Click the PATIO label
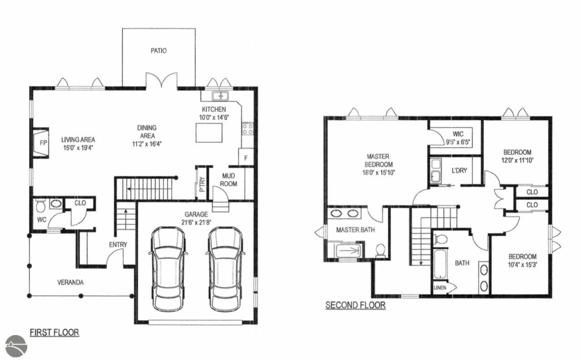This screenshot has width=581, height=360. click(159, 51)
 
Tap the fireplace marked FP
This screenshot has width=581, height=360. click(41, 143)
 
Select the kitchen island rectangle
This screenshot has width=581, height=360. click(209, 133)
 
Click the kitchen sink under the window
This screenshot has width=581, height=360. click(221, 96)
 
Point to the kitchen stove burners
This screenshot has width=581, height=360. click(248, 129)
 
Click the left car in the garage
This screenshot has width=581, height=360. click(168, 269)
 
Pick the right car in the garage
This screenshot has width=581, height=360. click(225, 269)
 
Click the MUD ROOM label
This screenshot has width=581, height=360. click(228, 180)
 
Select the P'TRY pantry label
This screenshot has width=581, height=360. click(203, 185)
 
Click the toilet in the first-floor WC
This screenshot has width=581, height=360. click(40, 205)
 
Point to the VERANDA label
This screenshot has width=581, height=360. click(70, 283)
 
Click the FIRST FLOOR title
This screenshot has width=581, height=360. click(54, 332)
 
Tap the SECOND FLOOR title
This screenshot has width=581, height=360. click(355, 305)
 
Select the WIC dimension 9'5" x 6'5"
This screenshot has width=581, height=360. click(458, 141)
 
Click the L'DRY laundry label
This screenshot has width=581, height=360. click(459, 170)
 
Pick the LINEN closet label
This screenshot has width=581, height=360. click(440, 288)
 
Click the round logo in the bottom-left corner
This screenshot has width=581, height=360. click(16, 346)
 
